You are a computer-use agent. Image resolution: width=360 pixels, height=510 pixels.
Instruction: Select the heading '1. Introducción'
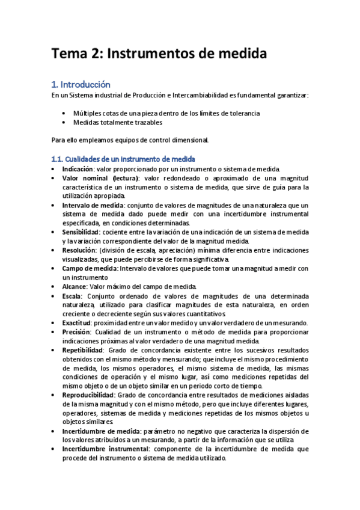[81, 85]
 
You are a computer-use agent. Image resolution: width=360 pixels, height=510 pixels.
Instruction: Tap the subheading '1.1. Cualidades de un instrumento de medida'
[123, 159]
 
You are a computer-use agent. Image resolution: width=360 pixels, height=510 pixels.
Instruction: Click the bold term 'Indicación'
[78, 169]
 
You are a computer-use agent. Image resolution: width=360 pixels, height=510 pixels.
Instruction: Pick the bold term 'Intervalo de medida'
[89, 205]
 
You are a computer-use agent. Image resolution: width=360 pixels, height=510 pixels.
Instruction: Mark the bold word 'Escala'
[72, 296]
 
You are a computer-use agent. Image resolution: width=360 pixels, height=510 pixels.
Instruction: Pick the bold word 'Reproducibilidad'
[88, 394]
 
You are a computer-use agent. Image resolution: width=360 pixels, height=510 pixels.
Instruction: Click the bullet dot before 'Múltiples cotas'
[64, 113]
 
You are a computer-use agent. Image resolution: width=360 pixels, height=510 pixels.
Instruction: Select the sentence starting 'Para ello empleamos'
[130, 140]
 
